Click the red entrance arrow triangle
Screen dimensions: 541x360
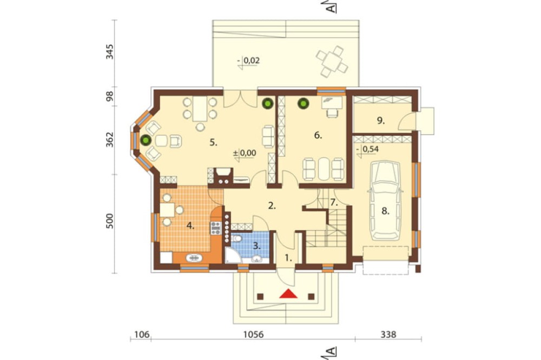[288, 294]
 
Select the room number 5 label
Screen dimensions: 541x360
[214, 142]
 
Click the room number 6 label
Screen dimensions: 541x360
[318, 136]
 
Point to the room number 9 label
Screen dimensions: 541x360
[380, 121]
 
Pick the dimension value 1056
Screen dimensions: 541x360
[253, 335]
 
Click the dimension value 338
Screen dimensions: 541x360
[388, 335]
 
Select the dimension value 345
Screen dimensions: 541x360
[109, 52]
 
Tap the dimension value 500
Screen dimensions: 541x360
[109, 221]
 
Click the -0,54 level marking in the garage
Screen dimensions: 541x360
[368, 149]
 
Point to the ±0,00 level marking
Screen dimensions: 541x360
[245, 153]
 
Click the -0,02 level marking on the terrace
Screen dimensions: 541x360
[249, 61]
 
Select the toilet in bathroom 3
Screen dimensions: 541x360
[237, 238]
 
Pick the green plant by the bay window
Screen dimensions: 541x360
[146, 140]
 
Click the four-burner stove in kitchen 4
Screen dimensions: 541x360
[216, 228]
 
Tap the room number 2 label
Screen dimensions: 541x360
[272, 206]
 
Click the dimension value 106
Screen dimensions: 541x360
[142, 335]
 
